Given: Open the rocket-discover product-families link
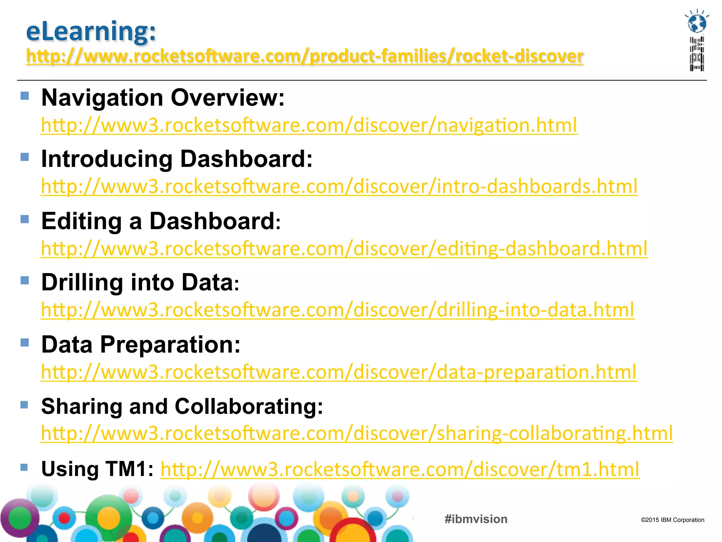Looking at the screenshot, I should [305, 56].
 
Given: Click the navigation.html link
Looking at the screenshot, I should [309, 125].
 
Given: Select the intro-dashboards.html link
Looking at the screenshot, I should [339, 186].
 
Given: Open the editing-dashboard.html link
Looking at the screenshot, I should [344, 248].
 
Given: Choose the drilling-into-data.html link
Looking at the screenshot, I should [338, 310].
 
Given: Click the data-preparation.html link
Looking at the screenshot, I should [339, 372].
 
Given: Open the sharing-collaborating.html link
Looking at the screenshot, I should [357, 433].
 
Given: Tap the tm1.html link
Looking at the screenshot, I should [400, 469].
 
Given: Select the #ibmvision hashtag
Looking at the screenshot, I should [476, 519].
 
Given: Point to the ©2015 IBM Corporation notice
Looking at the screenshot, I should [672, 520].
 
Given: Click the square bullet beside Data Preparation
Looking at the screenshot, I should [25, 343].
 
